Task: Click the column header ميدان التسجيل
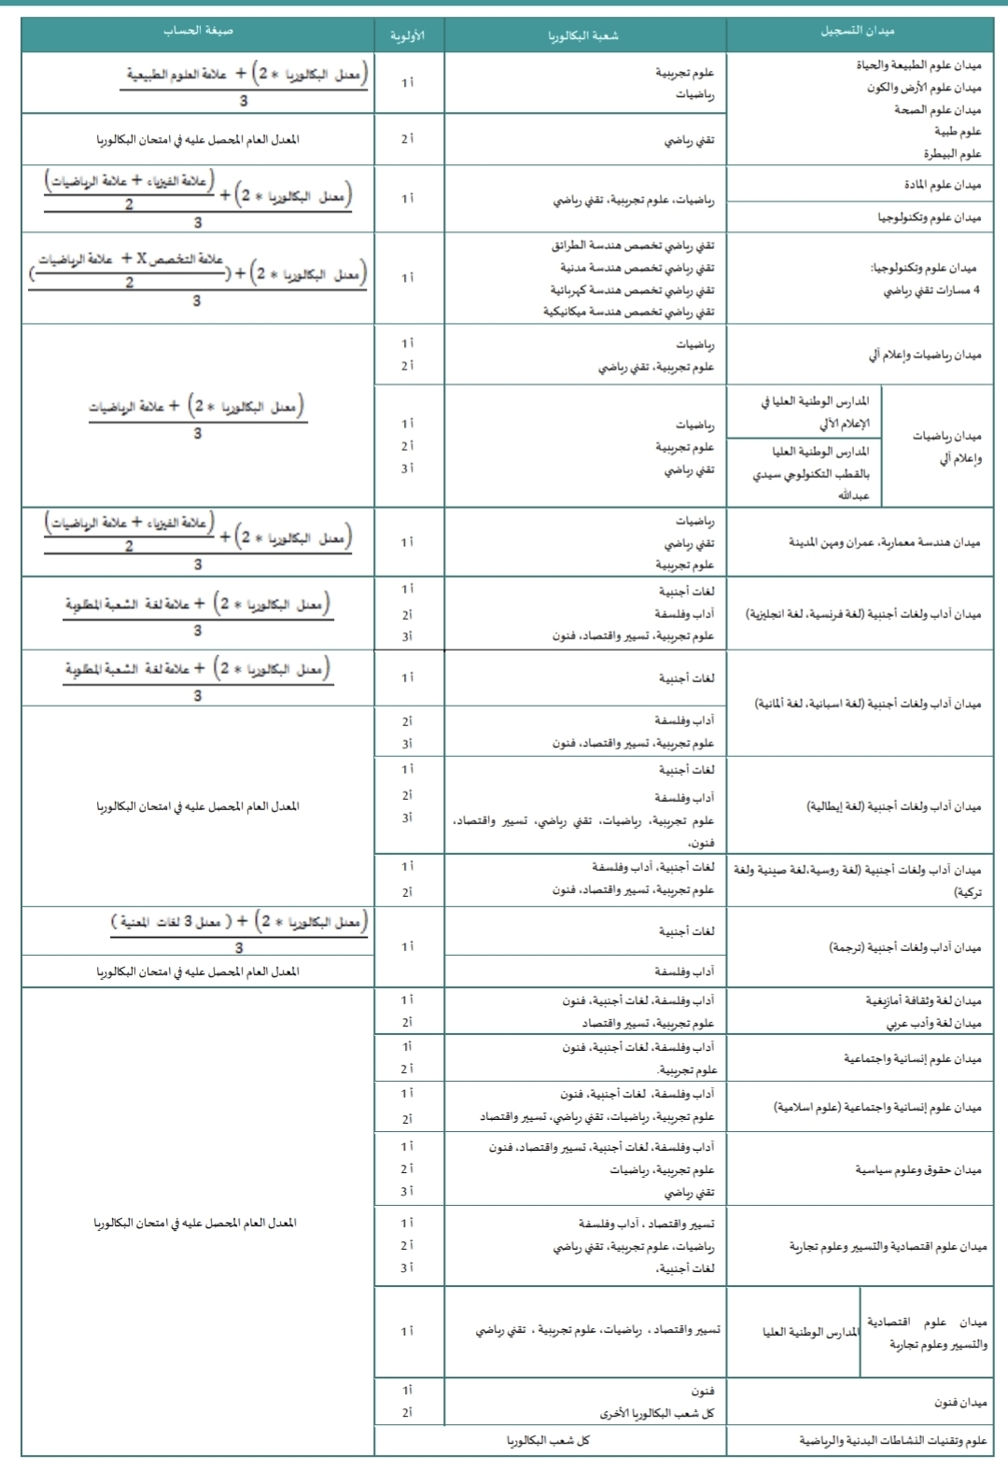[x=858, y=31]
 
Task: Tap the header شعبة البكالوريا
[x=583, y=35]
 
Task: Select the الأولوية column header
[x=408, y=35]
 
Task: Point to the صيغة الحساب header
[x=198, y=31]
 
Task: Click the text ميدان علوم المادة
[x=942, y=184]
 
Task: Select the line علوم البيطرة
[x=952, y=153]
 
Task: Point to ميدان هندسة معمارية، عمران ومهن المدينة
[x=884, y=541]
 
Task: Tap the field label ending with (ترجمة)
[x=904, y=946]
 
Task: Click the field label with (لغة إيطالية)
[x=893, y=805]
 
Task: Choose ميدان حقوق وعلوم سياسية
[x=918, y=1168]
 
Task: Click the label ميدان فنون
[x=960, y=1402]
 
